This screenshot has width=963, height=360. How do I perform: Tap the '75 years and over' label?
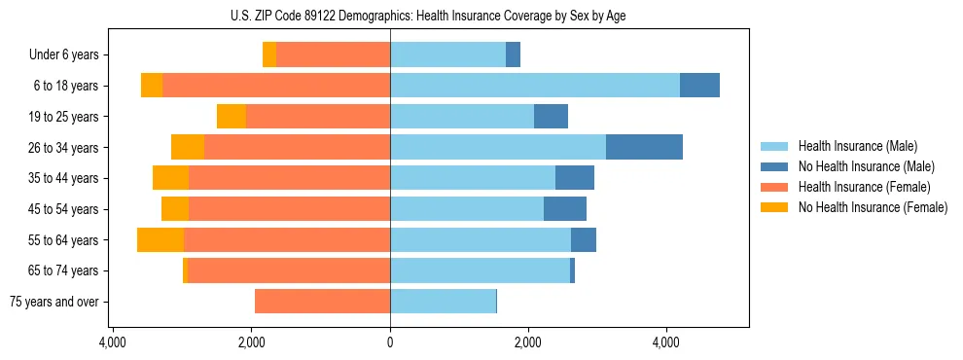pyautogui.click(x=54, y=302)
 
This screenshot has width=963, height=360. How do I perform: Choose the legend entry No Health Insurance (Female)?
pyautogui.click(x=873, y=207)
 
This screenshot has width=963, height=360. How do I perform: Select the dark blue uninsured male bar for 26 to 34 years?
pyautogui.click(x=644, y=147)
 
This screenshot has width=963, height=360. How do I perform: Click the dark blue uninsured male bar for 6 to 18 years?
pyautogui.click(x=699, y=86)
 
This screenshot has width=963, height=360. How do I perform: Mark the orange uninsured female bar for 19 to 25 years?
pyautogui.click(x=232, y=117)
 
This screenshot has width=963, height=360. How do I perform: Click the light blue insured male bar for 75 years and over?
pyautogui.click(x=443, y=302)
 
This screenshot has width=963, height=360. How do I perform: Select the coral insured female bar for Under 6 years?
pyautogui.click(x=333, y=55)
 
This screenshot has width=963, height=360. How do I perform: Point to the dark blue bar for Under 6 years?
pyautogui.click(x=513, y=55)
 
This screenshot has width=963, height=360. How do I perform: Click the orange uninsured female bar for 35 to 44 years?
pyautogui.click(x=170, y=178)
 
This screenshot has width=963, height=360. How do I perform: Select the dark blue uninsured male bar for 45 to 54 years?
pyautogui.click(x=565, y=209)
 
